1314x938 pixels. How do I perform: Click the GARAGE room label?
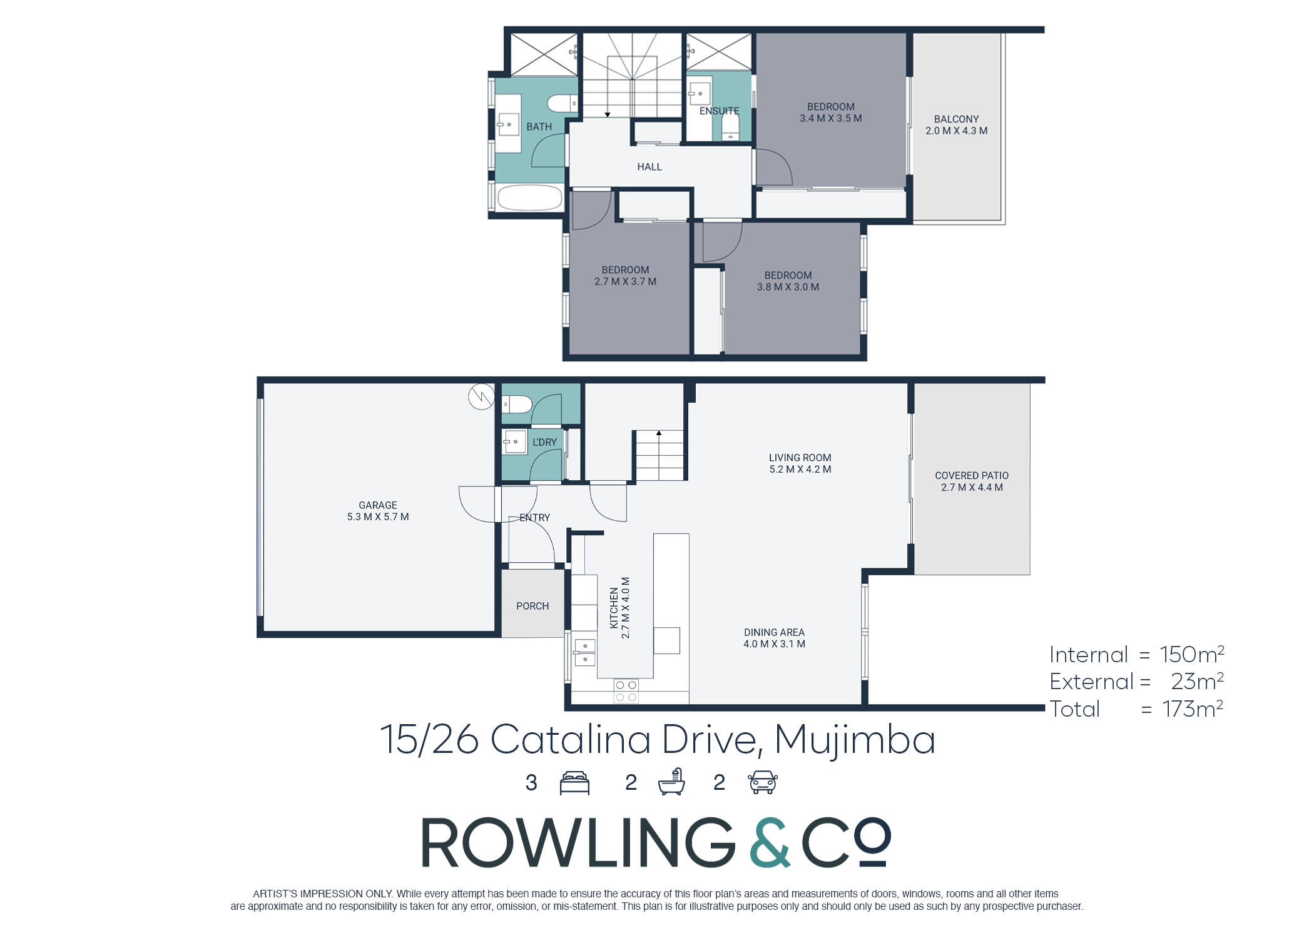378,505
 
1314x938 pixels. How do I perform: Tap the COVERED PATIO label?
972,476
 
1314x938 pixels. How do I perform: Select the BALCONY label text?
956,119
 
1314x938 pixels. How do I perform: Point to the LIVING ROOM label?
800,458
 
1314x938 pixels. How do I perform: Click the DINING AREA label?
774,632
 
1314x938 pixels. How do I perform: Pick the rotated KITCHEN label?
614,608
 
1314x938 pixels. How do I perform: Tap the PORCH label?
532,606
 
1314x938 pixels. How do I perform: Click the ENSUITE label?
719,111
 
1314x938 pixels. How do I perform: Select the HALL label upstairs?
649,167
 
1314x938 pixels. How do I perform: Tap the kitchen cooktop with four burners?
626,691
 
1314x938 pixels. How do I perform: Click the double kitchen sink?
585,652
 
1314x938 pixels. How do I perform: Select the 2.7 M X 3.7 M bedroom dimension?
625,281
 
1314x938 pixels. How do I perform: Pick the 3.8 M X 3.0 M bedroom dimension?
788,287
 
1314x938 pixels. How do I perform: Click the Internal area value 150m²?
1192,654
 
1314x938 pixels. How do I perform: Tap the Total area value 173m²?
1193,709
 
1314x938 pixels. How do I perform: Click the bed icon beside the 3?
574,783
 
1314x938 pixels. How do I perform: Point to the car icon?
763,783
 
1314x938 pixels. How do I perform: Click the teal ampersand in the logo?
769,842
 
